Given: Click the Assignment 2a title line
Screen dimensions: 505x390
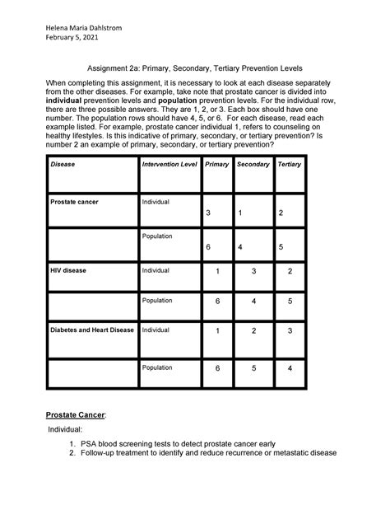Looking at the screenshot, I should [x=195, y=72].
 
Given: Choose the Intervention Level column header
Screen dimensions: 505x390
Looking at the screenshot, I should [x=169, y=165].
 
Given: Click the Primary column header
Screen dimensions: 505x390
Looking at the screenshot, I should [x=217, y=165].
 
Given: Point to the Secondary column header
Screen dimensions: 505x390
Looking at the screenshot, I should [x=253, y=165].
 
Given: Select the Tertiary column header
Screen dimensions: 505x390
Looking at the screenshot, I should [x=290, y=165].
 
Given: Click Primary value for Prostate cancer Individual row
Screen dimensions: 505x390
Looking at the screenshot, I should [x=209, y=213].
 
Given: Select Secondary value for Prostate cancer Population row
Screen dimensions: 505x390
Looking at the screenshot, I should [x=239, y=247].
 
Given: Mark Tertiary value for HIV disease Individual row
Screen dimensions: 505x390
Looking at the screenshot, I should [x=290, y=272].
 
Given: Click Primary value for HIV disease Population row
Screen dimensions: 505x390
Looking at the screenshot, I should [x=217, y=302].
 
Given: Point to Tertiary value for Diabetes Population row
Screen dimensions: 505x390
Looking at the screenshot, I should [x=290, y=368].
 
